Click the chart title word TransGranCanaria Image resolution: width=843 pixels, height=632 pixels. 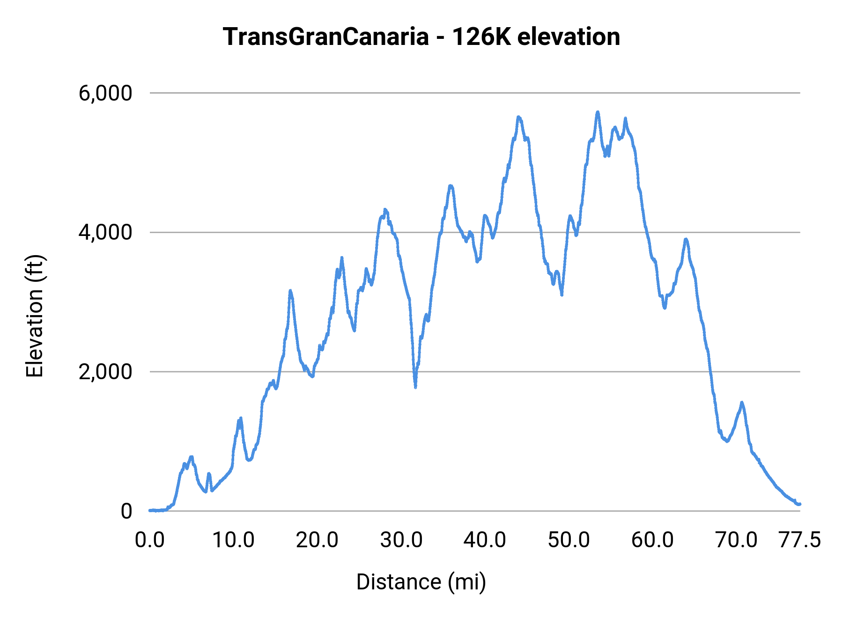pos(325,37)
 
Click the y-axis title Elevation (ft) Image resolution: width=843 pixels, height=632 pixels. pos(35,316)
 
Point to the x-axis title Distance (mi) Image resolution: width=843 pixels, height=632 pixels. pos(421,582)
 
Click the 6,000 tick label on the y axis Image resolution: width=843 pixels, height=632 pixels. pos(105,93)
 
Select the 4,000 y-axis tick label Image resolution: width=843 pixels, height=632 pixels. pos(105,232)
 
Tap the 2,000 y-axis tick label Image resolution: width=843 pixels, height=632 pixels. pos(105,372)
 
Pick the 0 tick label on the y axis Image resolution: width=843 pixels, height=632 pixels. pos(126,511)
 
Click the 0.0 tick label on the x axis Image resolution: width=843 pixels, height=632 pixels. pos(150,540)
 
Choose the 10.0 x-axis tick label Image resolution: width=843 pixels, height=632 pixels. pos(233,540)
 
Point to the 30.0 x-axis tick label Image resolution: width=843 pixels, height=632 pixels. pos(401,540)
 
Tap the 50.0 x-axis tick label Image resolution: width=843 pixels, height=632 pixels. pos(569,540)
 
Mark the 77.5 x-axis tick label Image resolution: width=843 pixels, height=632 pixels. pos(799,540)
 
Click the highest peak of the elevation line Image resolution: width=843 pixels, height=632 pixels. pos(598,112)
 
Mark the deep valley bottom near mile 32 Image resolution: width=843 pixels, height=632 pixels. pos(415,387)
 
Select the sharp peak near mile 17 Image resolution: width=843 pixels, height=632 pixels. pos(290,291)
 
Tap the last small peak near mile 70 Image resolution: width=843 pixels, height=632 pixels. pos(742,402)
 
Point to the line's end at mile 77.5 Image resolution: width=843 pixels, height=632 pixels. pos(800,504)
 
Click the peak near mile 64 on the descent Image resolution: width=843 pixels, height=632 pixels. pos(686,239)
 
